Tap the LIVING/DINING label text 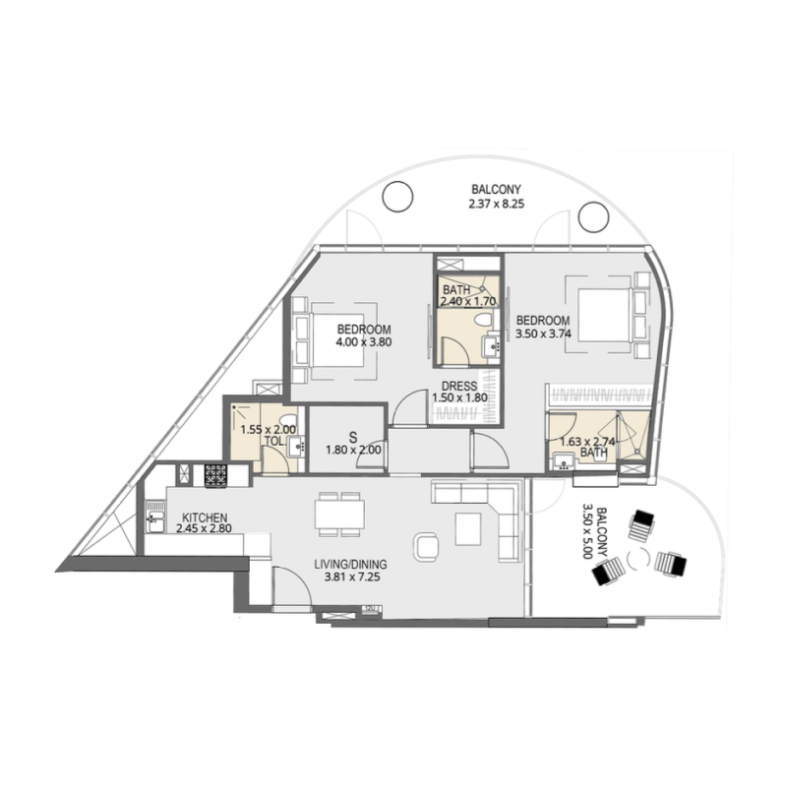[350, 564]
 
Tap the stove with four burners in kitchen [215, 474]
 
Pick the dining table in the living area [338, 515]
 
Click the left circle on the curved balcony [396, 198]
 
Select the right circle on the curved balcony [593, 215]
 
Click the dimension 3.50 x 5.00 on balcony [588, 531]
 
